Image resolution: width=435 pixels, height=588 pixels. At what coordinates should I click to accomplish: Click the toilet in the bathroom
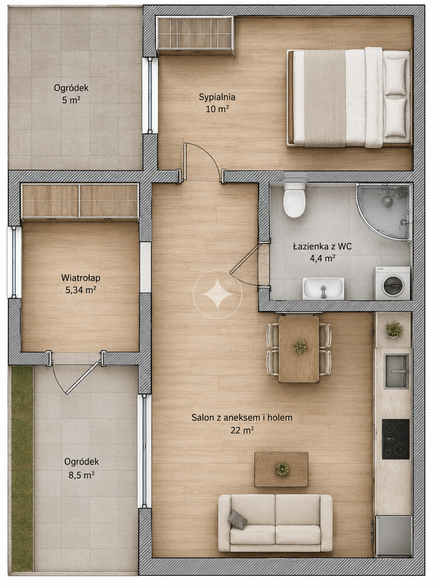click(294, 199)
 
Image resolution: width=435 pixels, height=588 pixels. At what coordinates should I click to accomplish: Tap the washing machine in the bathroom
click(393, 284)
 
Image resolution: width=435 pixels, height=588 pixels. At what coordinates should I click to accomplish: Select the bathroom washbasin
click(323, 288)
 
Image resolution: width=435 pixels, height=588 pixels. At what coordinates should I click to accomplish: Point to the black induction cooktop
click(395, 439)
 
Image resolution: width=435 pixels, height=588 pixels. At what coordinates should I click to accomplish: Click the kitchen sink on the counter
click(397, 372)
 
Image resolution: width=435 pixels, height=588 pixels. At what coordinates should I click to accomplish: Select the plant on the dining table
click(300, 346)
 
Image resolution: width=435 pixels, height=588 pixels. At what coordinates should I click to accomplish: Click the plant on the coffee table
click(282, 469)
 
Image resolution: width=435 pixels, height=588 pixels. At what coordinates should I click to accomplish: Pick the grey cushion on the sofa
click(237, 519)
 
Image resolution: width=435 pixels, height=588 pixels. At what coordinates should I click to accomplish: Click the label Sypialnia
click(217, 97)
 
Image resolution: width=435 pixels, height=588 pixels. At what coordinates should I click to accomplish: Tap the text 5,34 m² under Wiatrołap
click(80, 290)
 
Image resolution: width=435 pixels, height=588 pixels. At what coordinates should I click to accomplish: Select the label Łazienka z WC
click(322, 246)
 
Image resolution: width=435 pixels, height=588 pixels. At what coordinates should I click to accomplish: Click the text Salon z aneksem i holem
click(242, 418)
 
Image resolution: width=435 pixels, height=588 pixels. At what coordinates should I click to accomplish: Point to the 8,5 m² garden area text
click(81, 475)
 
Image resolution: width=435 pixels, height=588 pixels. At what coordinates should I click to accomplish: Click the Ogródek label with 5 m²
click(71, 88)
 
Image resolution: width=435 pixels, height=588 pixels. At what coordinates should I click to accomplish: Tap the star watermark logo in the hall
click(218, 294)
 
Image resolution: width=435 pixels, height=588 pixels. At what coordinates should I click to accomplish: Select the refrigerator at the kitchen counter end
click(394, 536)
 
